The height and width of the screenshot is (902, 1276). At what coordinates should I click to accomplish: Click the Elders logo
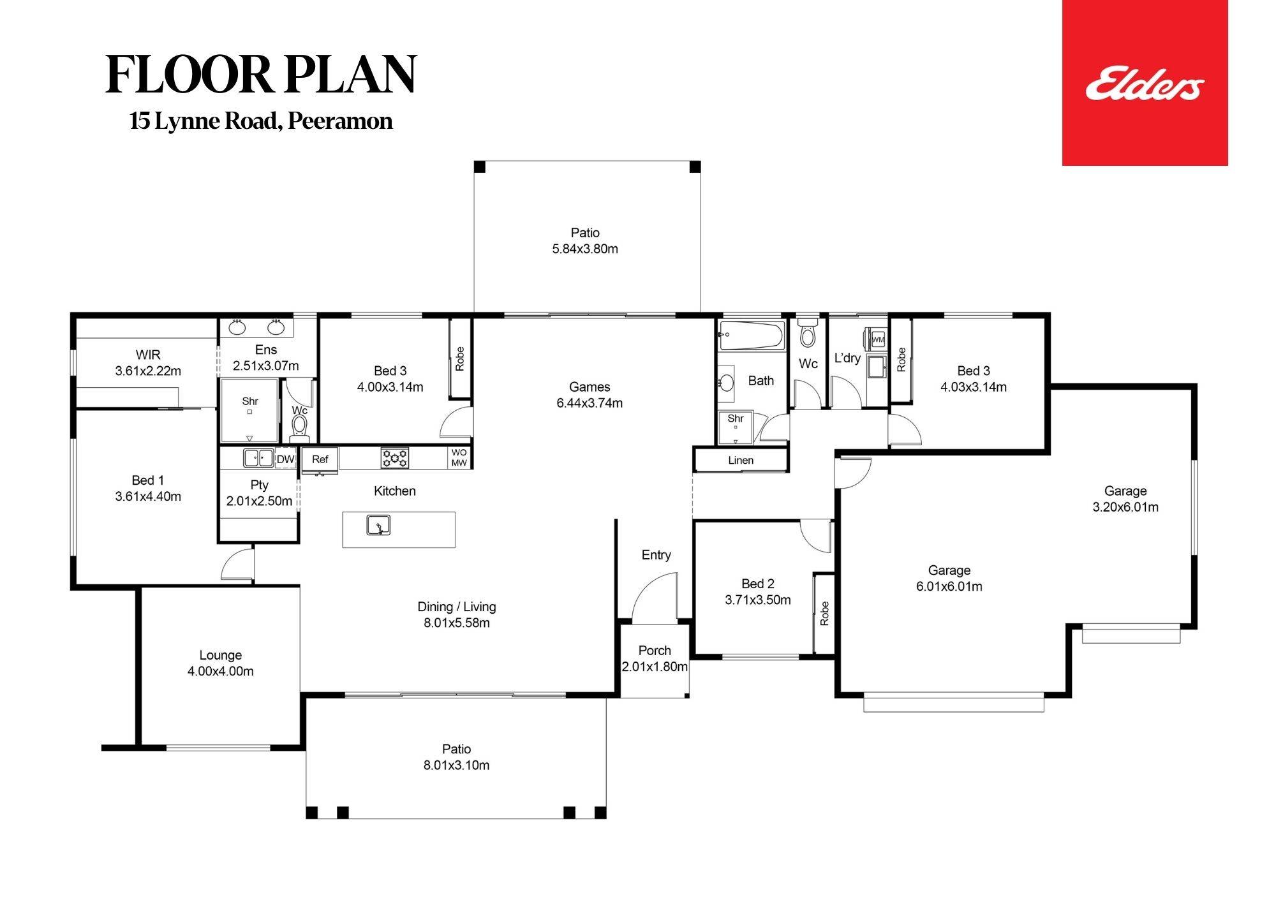pyautogui.click(x=1145, y=84)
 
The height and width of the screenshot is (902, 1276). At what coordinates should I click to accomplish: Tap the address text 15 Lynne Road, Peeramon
pyautogui.click(x=261, y=121)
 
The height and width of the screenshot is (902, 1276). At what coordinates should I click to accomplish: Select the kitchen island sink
pyautogui.click(x=378, y=526)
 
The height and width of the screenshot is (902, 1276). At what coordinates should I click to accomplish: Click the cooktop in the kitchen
pyautogui.click(x=395, y=457)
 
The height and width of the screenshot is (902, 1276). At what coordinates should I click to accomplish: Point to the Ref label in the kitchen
pyautogui.click(x=320, y=459)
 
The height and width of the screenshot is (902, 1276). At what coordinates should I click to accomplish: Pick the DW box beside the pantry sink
pyautogui.click(x=285, y=459)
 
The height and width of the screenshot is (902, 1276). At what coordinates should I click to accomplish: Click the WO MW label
pyautogui.click(x=459, y=458)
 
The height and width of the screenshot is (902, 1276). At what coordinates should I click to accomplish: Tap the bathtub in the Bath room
pyautogui.click(x=751, y=336)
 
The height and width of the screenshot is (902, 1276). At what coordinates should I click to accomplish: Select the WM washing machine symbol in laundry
pyautogui.click(x=878, y=339)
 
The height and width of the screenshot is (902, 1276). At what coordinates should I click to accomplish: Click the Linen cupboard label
pyautogui.click(x=741, y=461)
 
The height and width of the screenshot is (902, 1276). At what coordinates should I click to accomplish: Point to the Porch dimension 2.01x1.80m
pyautogui.click(x=655, y=667)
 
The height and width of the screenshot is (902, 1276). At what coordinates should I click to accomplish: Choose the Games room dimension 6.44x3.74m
pyautogui.click(x=590, y=403)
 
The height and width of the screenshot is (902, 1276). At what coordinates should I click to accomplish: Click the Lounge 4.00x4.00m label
pyautogui.click(x=220, y=663)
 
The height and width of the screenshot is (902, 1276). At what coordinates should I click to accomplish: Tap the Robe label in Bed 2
pyautogui.click(x=824, y=613)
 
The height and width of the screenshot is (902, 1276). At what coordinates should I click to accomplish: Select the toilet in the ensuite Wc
pyautogui.click(x=299, y=427)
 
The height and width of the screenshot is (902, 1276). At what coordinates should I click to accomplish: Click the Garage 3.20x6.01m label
pyautogui.click(x=1125, y=499)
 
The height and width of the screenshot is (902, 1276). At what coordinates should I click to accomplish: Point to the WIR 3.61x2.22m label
pyautogui.click(x=148, y=363)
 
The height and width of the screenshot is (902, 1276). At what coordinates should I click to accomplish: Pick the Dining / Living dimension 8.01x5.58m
pyautogui.click(x=457, y=623)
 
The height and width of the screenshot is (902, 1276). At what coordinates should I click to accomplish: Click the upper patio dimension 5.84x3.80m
pyautogui.click(x=585, y=249)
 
